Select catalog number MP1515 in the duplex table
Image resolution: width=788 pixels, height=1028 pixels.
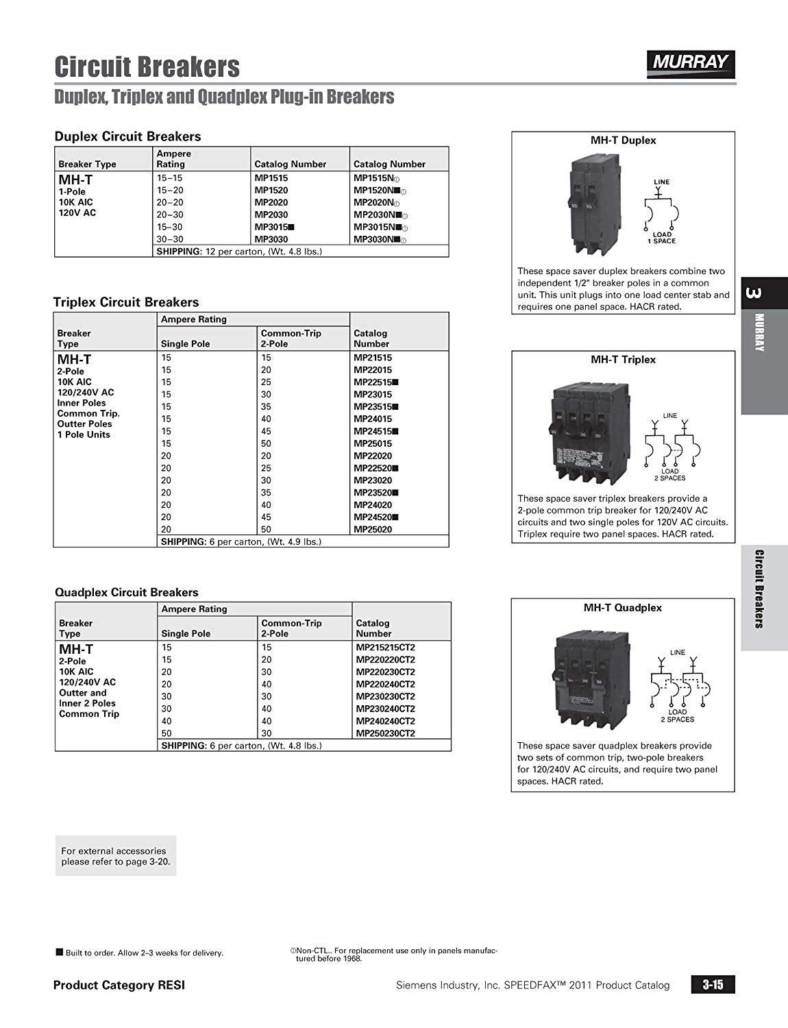tap(271, 178)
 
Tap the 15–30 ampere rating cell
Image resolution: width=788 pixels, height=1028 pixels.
tap(170, 227)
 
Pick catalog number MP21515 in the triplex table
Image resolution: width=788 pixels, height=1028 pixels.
tap(373, 358)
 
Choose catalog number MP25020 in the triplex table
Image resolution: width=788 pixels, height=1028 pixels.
tap(373, 529)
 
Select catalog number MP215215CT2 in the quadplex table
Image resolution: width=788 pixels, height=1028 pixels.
tap(385, 647)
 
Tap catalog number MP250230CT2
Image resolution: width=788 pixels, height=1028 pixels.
tap(385, 733)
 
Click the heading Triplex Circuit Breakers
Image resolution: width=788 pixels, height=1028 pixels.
tap(126, 302)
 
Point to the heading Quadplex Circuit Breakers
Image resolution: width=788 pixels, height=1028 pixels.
tap(126, 592)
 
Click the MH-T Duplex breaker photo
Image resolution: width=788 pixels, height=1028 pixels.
tap(582, 205)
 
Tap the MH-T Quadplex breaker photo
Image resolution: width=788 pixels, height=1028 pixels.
tap(582, 681)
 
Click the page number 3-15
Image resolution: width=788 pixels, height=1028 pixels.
tap(713, 985)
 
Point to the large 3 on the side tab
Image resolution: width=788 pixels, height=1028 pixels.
tap(752, 293)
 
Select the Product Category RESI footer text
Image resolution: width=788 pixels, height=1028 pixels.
tap(119, 986)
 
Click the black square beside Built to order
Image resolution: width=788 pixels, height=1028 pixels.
tap(60, 952)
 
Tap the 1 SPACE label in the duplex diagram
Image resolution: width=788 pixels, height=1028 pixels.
tap(662, 241)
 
